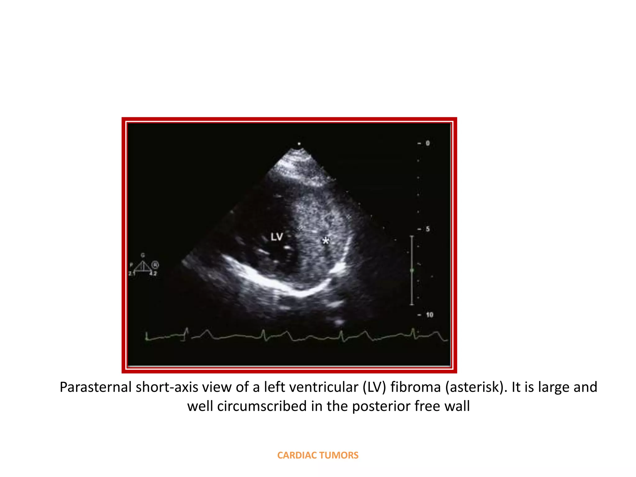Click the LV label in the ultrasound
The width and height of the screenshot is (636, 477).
[x=277, y=237]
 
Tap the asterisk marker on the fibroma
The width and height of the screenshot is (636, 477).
[x=325, y=241]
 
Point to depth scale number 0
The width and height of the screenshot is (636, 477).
[x=428, y=143]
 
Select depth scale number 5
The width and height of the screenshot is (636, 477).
[x=428, y=229]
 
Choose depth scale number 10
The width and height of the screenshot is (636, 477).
[x=429, y=315]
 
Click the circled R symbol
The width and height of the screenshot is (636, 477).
[x=155, y=265]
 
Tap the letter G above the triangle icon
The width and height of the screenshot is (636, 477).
[x=143, y=255]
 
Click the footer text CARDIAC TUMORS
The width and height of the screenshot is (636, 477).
[x=318, y=455]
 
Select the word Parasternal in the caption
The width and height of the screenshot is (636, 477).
[x=95, y=387]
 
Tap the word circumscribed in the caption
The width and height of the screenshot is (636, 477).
[x=262, y=406]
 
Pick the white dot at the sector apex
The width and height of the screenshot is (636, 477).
[x=299, y=144]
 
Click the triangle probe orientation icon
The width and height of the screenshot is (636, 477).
[x=143, y=266]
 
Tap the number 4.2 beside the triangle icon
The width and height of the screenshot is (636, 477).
[x=153, y=274]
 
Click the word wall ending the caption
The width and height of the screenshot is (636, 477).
[x=457, y=406]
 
